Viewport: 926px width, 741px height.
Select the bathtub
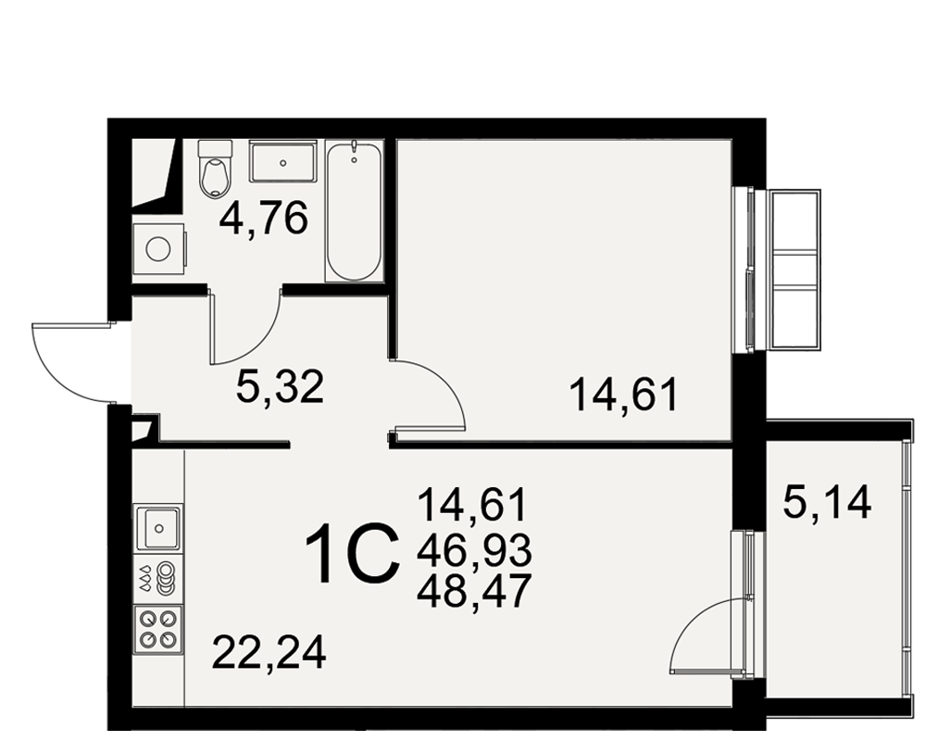(354, 210)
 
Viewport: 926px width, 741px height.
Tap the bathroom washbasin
(283, 161)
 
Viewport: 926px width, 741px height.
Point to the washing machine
(159, 249)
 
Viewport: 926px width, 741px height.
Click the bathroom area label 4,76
(263, 218)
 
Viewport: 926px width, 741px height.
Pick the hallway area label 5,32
(280, 387)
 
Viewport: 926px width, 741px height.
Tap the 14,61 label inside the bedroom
(623, 395)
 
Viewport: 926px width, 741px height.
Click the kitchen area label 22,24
(269, 652)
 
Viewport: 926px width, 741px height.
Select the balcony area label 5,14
(827, 502)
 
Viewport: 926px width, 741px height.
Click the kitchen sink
(158, 528)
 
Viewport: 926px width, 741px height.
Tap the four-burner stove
(158, 630)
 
